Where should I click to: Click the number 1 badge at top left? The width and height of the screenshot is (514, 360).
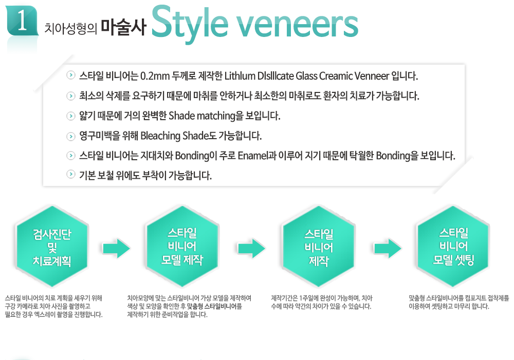tap(22, 21)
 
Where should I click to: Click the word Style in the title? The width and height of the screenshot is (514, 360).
tap(190, 23)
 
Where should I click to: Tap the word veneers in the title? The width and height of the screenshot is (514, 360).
tap(297, 25)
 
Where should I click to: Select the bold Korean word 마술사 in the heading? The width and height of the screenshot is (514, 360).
tap(123, 27)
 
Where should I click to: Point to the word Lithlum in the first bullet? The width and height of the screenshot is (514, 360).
tap(240, 76)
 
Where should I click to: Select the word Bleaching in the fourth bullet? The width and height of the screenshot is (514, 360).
tap(160, 136)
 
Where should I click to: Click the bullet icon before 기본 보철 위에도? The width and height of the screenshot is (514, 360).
tap(71, 174)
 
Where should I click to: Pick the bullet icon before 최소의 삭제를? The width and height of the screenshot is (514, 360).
tap(71, 96)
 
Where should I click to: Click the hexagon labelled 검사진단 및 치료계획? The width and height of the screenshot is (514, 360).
tap(52, 247)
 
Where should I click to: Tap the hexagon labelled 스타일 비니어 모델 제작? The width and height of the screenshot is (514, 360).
tap(182, 247)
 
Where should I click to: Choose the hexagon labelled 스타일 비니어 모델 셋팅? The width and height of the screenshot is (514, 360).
tap(453, 247)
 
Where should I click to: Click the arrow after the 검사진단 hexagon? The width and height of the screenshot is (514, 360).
tap(116, 248)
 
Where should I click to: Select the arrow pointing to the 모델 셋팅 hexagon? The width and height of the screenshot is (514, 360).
tap(388, 248)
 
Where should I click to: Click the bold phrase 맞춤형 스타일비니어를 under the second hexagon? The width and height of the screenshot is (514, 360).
tap(214, 307)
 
